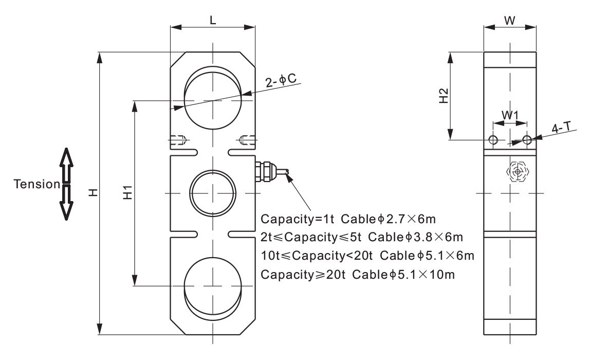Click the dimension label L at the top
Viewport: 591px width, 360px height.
213,20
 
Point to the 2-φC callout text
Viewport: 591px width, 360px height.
280,81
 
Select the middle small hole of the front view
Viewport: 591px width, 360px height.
212,193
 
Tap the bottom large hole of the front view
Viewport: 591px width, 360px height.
212,286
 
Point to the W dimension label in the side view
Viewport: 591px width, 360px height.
509,20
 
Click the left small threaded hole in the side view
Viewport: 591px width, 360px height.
493,140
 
